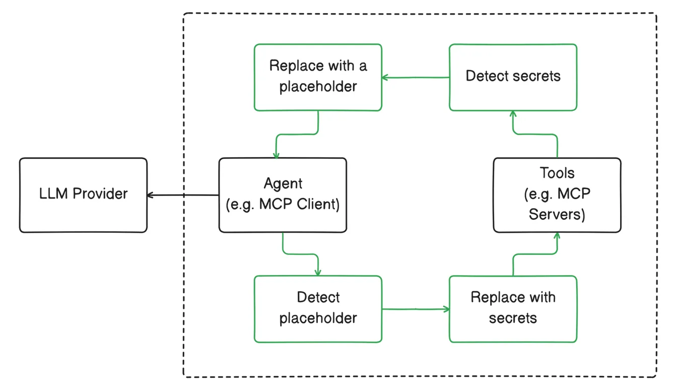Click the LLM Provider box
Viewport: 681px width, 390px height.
(x=83, y=195)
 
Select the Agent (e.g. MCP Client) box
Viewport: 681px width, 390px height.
(x=283, y=195)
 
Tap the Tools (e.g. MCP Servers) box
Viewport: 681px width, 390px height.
(x=557, y=195)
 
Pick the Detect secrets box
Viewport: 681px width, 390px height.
(x=513, y=77)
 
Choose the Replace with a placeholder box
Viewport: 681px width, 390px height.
(x=318, y=77)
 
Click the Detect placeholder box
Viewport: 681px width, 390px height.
(x=318, y=309)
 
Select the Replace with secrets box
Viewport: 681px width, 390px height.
(x=513, y=309)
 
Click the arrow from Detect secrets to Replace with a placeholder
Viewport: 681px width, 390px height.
(x=415, y=78)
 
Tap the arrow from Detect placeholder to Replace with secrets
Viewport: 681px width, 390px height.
(x=415, y=308)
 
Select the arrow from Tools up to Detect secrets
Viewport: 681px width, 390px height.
(x=535, y=134)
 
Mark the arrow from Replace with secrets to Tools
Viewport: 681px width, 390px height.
(x=535, y=255)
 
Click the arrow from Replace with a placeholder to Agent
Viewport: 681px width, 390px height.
(x=297, y=134)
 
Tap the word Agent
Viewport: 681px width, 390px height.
(x=283, y=183)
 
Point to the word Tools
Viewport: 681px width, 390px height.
(x=557, y=173)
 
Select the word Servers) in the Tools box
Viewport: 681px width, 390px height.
(x=557, y=215)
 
